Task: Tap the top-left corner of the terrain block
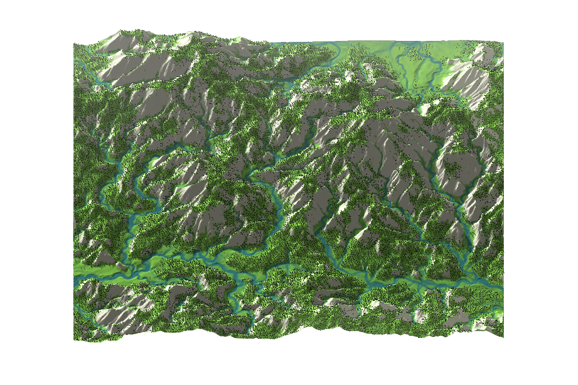click(x=74, y=44)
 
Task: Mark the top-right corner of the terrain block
click(x=503, y=41)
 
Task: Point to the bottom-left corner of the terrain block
click(x=74, y=340)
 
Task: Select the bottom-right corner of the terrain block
click(x=503, y=336)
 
